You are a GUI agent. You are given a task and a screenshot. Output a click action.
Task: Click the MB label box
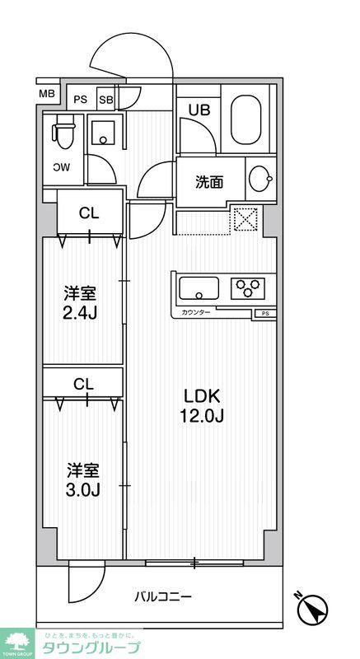pyautogui.click(x=46, y=92)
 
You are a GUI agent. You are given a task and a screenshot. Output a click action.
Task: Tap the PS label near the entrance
pyautogui.click(x=81, y=100)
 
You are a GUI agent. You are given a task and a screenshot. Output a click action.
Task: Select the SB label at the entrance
pyautogui.click(x=105, y=100)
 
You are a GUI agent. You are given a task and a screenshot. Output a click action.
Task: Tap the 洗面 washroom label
pyautogui.click(x=208, y=182)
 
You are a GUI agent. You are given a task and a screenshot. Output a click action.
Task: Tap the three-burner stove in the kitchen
pyautogui.click(x=247, y=288)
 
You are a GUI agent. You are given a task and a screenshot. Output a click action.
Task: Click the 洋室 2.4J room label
pyautogui.click(x=82, y=302)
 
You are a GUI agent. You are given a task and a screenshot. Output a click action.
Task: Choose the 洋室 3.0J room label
pyautogui.click(x=82, y=480)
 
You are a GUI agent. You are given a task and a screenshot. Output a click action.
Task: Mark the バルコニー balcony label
pyautogui.click(x=163, y=596)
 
